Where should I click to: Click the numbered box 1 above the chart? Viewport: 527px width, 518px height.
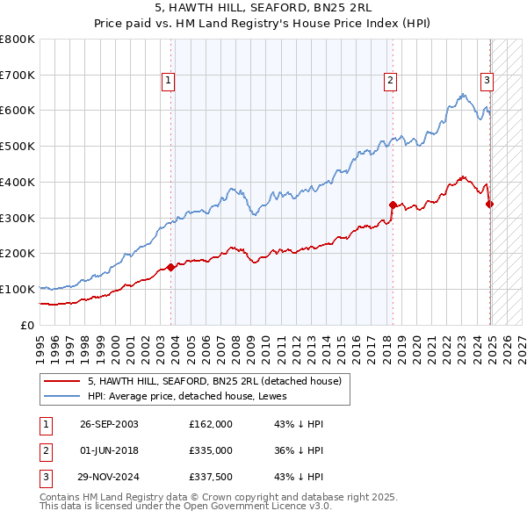pos(168,81)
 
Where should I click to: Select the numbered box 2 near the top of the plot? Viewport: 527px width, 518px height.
pos(389,81)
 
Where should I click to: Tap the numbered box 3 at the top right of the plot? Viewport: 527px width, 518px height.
pos(487,81)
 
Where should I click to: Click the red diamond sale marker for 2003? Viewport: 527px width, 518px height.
pos(170,268)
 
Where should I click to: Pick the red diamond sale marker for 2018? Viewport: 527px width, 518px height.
pos(393,205)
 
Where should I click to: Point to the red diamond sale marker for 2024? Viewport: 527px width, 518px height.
pos(489,204)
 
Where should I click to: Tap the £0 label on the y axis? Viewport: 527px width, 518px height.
pos(27,325)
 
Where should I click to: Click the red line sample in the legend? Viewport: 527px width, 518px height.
pos(61,382)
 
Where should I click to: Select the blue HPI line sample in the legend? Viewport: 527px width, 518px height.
pos(61,396)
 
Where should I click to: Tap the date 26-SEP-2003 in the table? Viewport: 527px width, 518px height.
pos(109,424)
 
